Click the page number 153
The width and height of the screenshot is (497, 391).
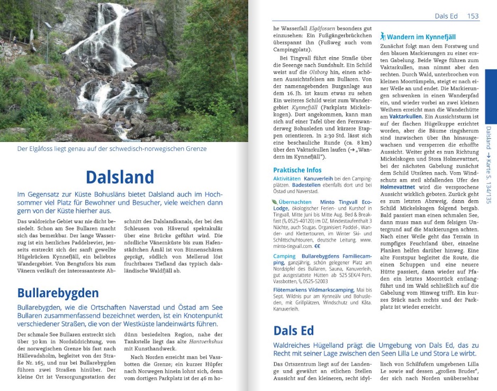click(x=473, y=16)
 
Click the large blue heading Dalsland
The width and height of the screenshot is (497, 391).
click(x=120, y=177)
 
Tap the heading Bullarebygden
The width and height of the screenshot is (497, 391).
click(x=58, y=293)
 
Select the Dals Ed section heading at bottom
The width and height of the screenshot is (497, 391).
click(x=293, y=331)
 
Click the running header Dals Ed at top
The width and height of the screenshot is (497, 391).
click(x=446, y=16)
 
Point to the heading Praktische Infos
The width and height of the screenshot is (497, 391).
click(x=297, y=170)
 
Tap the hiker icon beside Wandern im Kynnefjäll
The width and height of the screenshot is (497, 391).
click(x=383, y=37)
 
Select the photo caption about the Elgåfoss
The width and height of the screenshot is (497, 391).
click(x=112, y=149)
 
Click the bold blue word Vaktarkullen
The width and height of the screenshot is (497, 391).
click(x=405, y=116)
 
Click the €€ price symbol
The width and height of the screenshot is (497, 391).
click(x=317, y=246)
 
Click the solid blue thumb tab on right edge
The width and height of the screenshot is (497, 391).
click(x=491, y=95)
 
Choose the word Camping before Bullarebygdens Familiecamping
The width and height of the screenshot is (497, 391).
click(x=284, y=256)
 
